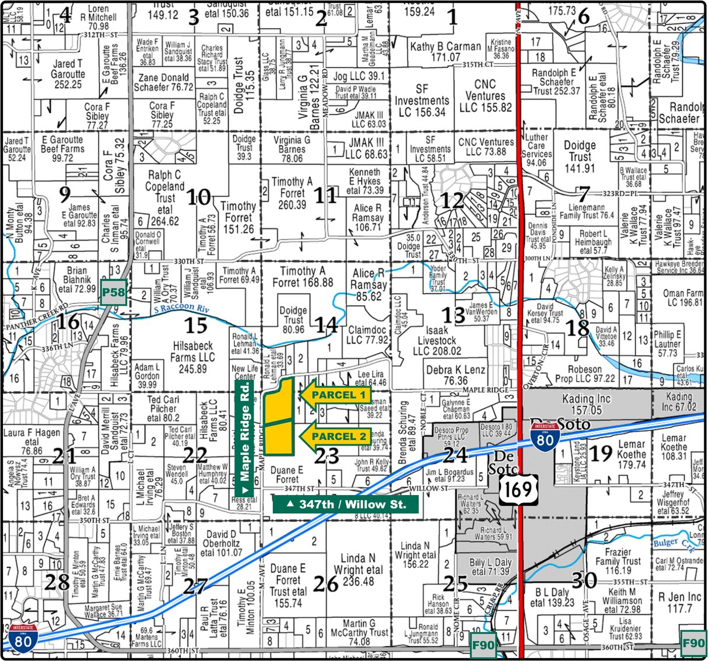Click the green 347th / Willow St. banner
(x=346, y=504)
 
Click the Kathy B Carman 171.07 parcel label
(x=445, y=51)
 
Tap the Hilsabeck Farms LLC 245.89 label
(x=193, y=357)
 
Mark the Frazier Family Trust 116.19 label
(x=617, y=561)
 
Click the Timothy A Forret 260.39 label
(x=292, y=193)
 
